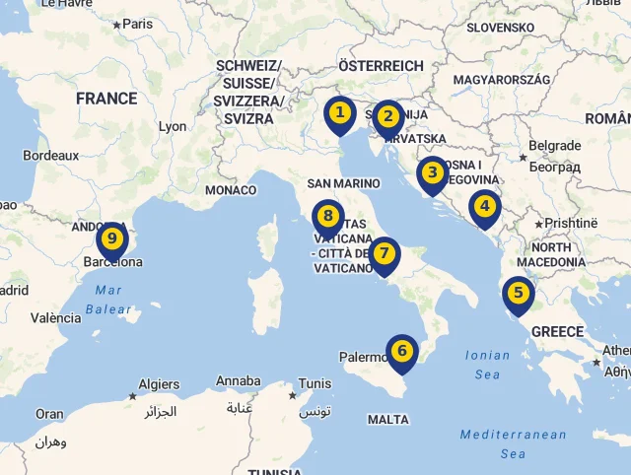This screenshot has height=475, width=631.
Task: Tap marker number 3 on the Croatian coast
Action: pyautogui.click(x=432, y=174)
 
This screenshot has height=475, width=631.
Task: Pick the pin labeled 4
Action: pyautogui.click(x=483, y=208)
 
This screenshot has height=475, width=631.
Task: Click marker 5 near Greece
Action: pyautogui.click(x=518, y=294)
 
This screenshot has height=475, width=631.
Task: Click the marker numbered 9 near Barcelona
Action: pyautogui.click(x=112, y=239)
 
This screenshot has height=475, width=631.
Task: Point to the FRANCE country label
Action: pyautogui.click(x=106, y=99)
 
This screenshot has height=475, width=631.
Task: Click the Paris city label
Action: pyautogui.click(x=137, y=24)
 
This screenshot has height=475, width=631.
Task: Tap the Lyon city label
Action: pyautogui.click(x=173, y=126)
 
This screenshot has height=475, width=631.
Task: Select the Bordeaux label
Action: pyautogui.click(x=50, y=155)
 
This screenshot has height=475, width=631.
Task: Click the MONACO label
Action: pyautogui.click(x=231, y=190)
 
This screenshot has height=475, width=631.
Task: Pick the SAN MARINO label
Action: pyautogui.click(x=343, y=183)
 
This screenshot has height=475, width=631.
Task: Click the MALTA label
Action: pyautogui.click(x=387, y=419)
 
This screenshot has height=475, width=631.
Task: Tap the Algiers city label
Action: pyautogui.click(x=159, y=384)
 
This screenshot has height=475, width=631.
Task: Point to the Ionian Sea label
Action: pyautogui.click(x=487, y=365)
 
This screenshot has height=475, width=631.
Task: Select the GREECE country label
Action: pyautogui.click(x=558, y=331)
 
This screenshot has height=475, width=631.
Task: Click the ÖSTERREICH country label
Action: pyautogui.click(x=381, y=65)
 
